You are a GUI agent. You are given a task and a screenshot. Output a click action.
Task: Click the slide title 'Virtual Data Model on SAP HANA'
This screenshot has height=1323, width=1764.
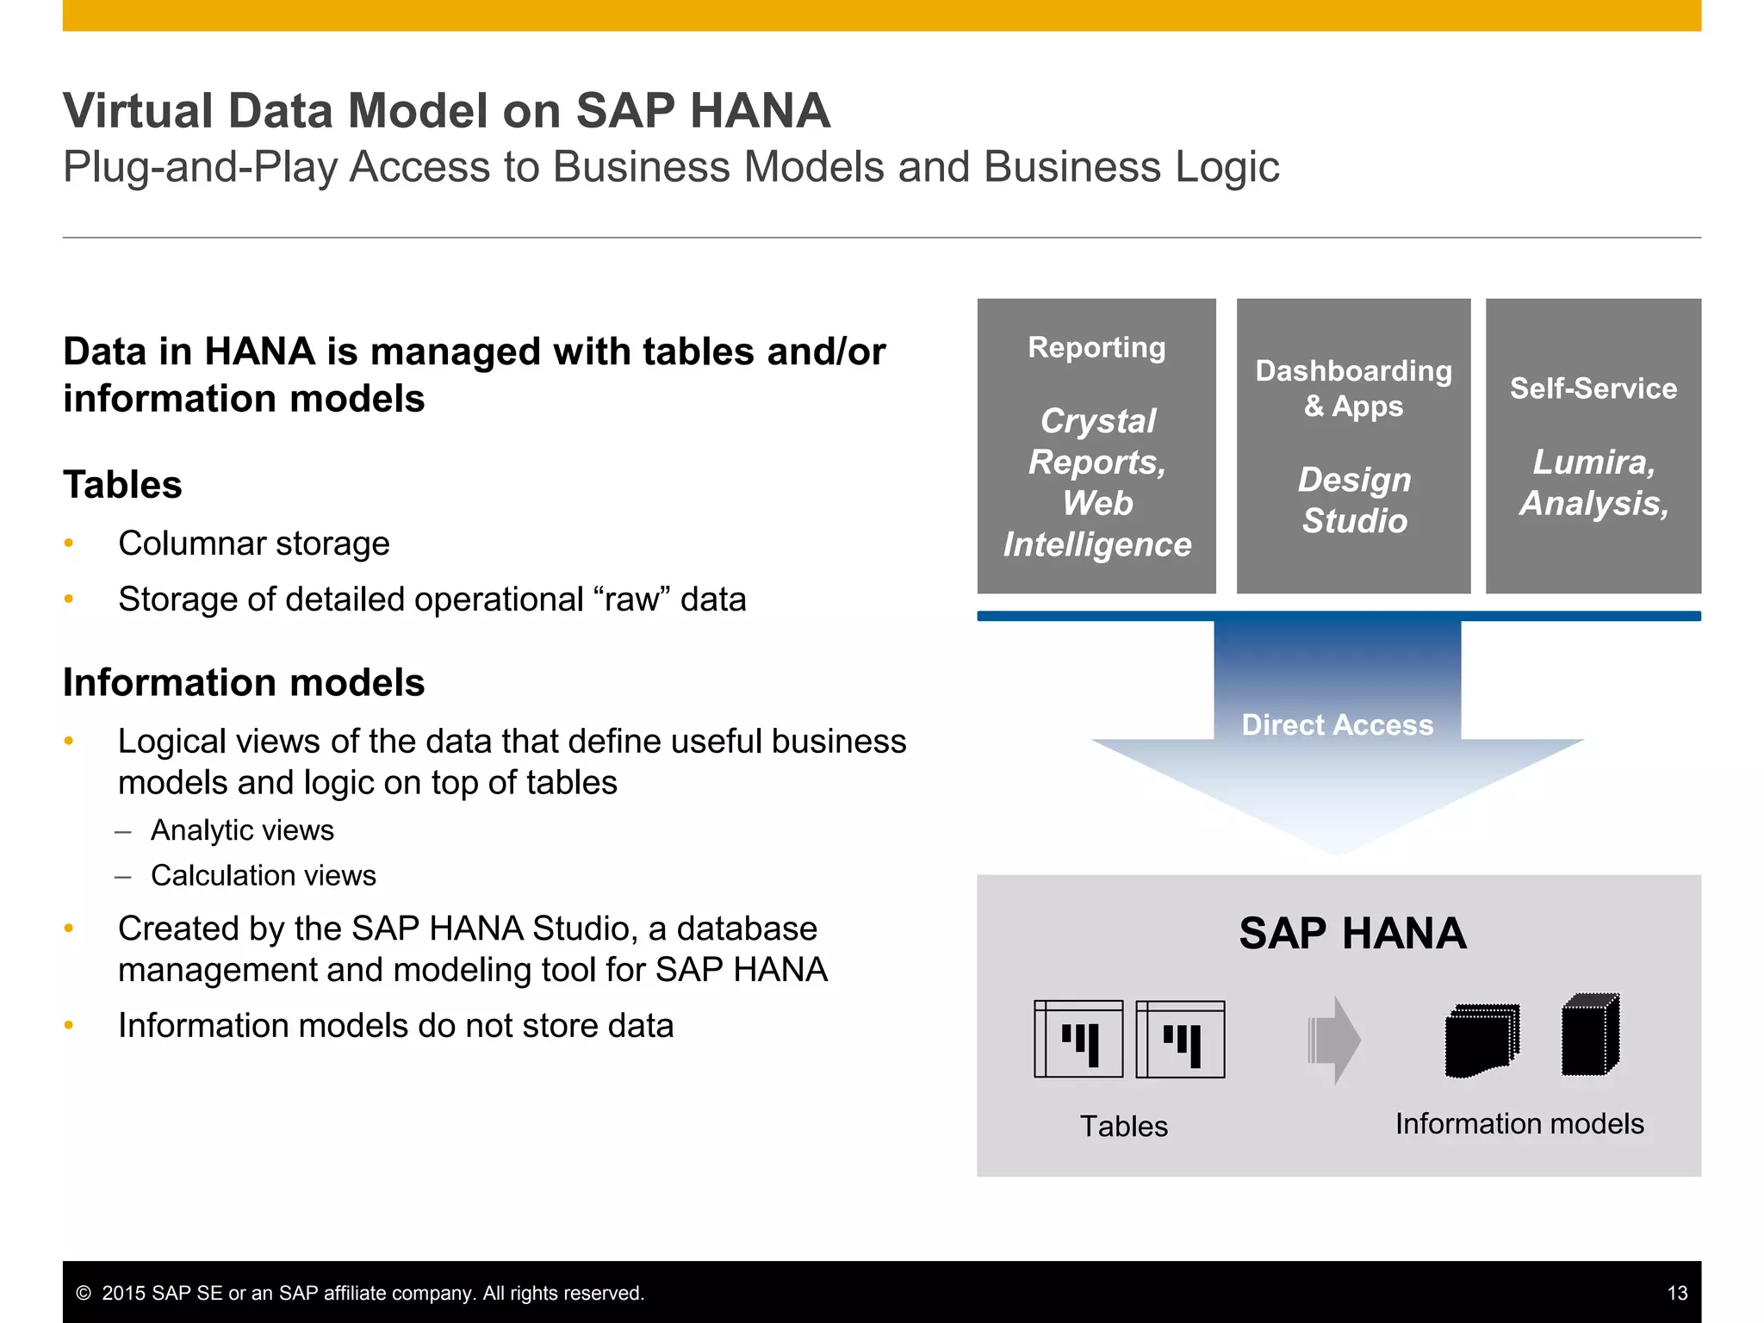tap(446, 111)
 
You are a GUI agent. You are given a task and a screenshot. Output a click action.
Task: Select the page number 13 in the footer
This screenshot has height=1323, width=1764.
tap(1677, 1293)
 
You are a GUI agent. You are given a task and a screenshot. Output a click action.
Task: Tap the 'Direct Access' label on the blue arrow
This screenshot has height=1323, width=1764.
tap(1337, 724)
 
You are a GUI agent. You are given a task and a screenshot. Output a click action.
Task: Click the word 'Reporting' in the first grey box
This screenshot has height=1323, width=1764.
tap(1096, 347)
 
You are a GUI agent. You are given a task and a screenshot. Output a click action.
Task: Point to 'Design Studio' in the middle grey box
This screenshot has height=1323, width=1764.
tap(1354, 500)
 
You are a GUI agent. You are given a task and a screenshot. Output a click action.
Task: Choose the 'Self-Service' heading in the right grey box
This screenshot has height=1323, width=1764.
tap(1593, 388)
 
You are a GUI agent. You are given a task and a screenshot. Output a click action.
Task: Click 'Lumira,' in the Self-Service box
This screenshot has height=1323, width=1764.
tap(1593, 463)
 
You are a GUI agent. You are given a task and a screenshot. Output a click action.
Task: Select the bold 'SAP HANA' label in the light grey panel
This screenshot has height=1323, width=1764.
tap(1352, 934)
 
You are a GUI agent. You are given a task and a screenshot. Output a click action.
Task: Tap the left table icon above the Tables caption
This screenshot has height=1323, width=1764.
tap(1078, 1039)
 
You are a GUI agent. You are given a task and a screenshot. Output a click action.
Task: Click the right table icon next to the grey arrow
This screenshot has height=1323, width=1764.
tap(1180, 1039)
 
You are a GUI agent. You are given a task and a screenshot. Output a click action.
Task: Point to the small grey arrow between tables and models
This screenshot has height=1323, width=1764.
tap(1333, 1040)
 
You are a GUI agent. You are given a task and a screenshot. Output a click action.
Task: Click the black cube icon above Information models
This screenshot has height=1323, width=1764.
tap(1590, 1034)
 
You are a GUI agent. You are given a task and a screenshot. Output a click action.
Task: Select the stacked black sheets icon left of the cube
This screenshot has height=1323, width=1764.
tap(1481, 1040)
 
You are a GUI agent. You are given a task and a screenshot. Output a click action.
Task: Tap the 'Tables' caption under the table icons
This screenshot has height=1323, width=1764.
tap(1123, 1126)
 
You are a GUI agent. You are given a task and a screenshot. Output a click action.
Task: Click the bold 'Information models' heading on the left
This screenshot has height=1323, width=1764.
tap(244, 682)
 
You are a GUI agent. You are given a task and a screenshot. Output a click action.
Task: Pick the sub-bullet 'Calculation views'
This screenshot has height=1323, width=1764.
tap(263, 875)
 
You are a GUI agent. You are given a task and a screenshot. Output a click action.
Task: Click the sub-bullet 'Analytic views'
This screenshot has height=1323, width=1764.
tap(242, 829)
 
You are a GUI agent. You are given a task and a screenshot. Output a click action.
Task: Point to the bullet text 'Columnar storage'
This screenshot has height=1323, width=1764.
tap(253, 543)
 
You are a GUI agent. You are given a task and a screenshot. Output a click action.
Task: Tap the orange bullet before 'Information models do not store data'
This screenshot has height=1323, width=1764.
tap(69, 1025)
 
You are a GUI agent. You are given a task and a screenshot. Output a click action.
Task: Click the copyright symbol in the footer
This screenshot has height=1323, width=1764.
tap(84, 1293)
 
